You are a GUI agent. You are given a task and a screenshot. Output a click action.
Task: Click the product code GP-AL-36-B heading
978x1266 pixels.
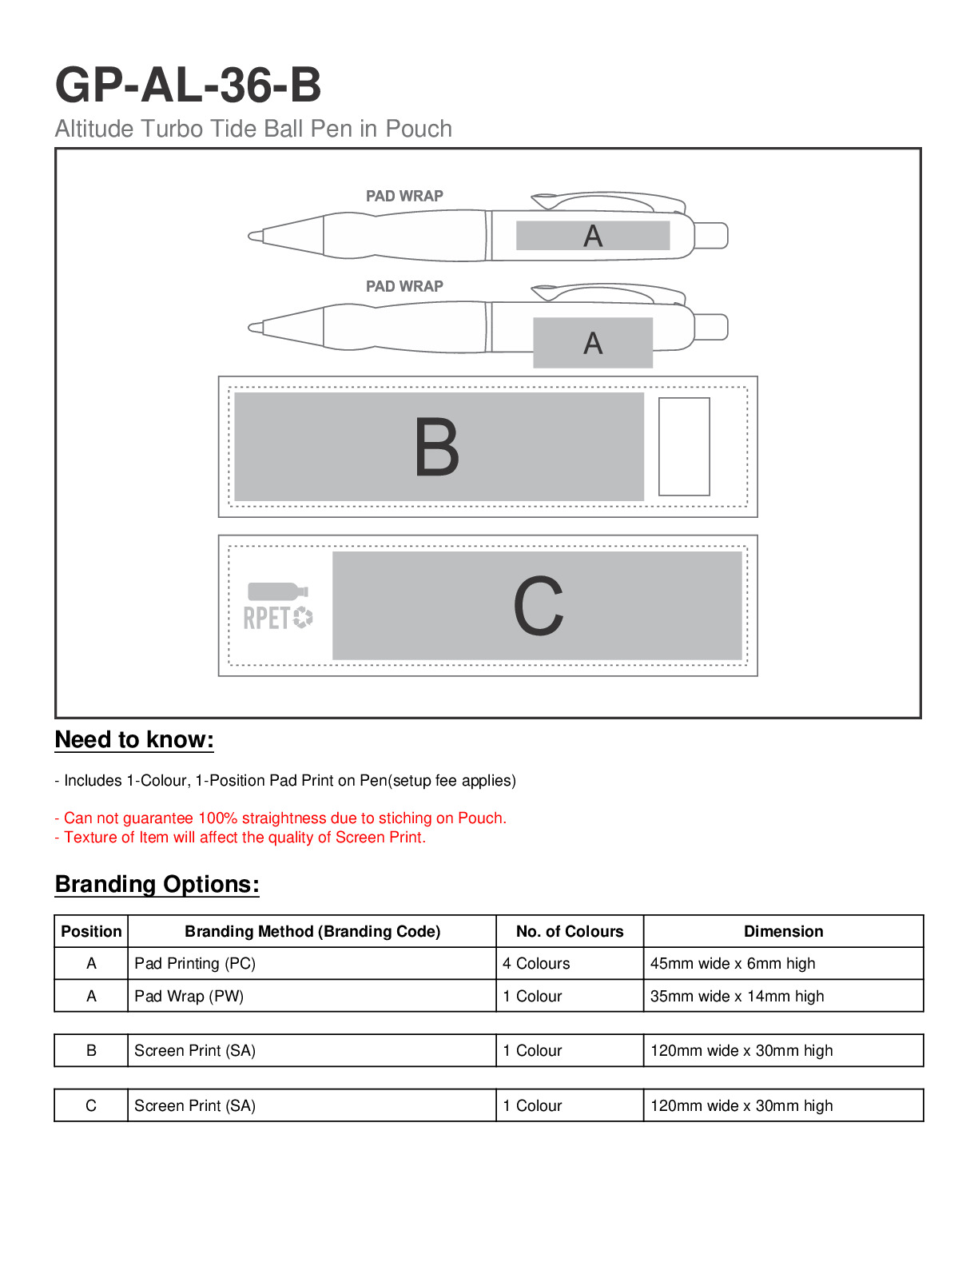189,85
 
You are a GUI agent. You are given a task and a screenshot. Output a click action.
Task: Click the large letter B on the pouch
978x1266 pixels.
437,448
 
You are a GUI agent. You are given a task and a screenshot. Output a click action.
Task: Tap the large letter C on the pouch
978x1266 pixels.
538,607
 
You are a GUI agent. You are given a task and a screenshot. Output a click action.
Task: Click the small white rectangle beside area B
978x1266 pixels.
684,447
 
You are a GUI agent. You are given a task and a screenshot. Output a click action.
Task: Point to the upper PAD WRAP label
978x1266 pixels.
404,196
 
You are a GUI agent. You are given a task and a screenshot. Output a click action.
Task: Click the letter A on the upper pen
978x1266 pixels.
593,236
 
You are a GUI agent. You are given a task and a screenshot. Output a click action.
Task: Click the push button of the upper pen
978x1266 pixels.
711,236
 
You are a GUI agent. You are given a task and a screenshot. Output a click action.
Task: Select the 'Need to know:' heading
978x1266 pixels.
134,739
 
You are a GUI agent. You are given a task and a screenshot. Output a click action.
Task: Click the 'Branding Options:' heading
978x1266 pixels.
157,884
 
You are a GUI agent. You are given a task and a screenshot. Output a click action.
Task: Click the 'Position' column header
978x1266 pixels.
91,931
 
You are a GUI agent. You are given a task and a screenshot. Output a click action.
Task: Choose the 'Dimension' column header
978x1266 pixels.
783,931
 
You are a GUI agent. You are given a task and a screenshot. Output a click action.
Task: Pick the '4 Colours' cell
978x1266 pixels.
536,964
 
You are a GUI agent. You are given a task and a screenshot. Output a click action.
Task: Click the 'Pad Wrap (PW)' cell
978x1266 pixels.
189,996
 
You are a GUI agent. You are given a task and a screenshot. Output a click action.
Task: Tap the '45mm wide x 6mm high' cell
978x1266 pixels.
733,964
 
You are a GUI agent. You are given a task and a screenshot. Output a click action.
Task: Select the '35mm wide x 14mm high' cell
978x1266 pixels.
737,996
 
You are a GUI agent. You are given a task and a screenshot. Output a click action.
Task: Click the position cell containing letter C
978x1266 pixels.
91,1105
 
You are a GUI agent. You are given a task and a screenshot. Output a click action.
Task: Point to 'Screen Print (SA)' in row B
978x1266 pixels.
195,1050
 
